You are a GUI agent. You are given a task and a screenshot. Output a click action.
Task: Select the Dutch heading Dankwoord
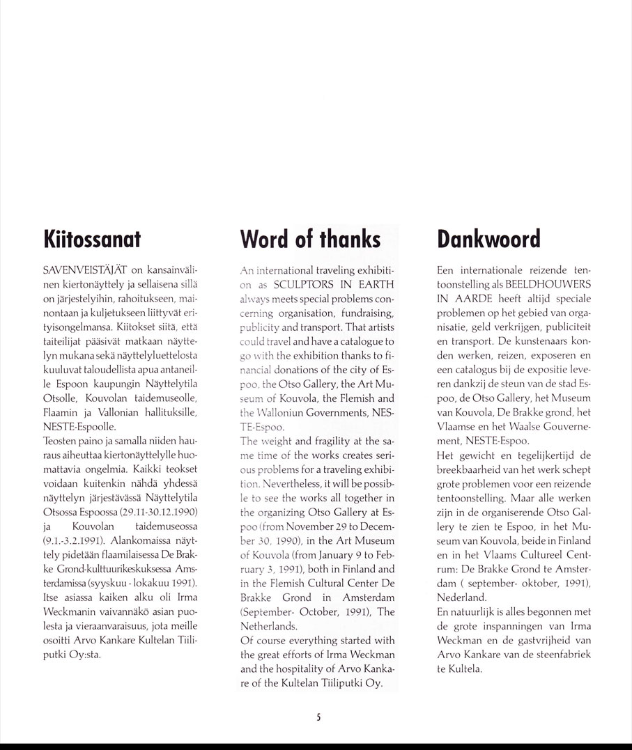click(488, 239)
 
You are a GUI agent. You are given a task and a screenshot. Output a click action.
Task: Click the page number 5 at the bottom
click(318, 717)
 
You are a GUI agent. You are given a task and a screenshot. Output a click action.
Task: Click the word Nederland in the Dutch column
click(461, 597)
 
